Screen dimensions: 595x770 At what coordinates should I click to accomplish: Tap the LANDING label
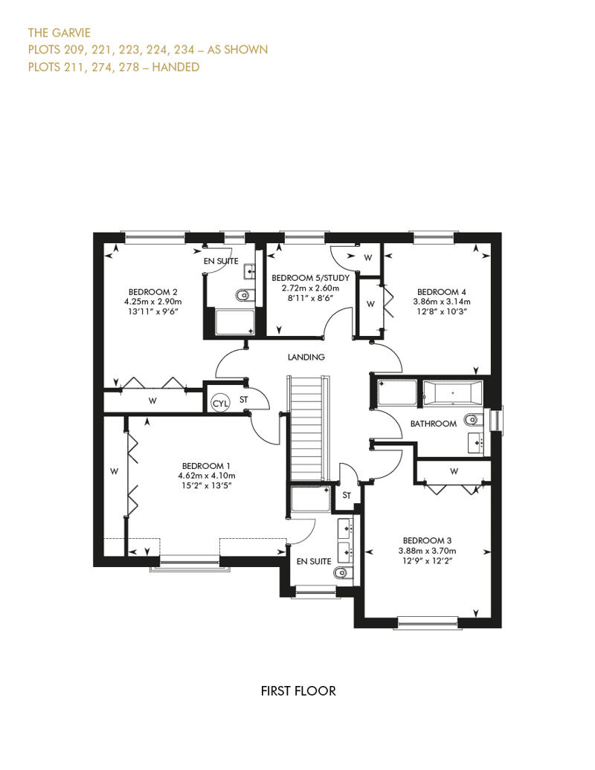tap(306, 357)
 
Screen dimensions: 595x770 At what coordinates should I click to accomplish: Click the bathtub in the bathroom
tap(452, 393)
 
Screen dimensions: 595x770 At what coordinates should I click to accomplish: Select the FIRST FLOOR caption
tap(298, 691)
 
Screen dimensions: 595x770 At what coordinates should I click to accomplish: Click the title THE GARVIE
tap(59, 33)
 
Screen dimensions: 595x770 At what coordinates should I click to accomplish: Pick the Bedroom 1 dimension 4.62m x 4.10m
tap(206, 476)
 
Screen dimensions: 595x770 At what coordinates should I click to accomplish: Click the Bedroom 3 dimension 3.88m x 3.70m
tap(427, 551)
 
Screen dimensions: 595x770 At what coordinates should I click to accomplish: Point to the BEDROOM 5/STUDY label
tap(311, 278)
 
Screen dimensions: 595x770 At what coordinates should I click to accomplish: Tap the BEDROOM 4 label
tap(442, 291)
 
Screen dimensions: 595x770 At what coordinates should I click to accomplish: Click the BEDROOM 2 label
tap(152, 291)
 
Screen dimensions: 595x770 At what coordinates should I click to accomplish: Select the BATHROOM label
tap(434, 424)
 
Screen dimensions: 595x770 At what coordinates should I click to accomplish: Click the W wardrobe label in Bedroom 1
tap(114, 471)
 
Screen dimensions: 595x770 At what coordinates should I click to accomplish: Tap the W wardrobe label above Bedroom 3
tap(454, 471)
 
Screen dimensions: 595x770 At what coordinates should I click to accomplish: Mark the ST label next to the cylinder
tap(244, 400)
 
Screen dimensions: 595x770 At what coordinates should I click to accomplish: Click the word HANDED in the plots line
tap(176, 67)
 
